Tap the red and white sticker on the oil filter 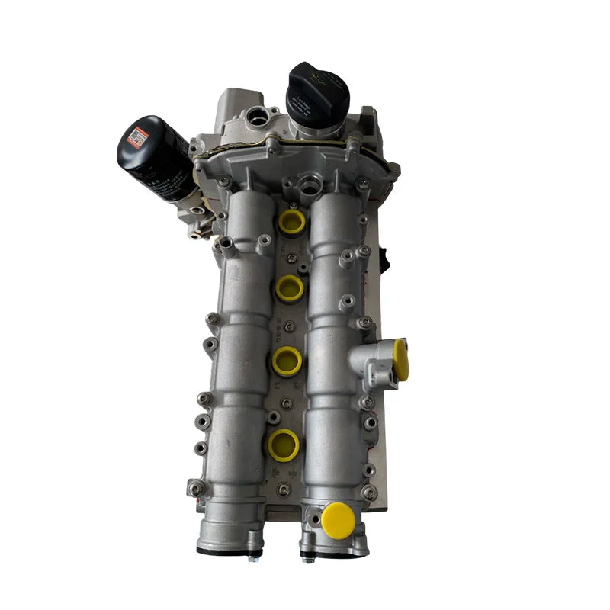coord(138,137)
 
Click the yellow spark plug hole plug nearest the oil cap coord(291,222)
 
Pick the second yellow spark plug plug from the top coord(290,287)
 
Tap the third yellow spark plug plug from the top coord(287,361)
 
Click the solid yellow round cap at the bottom coord(338,519)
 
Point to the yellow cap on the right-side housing coord(400,360)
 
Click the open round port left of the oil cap coord(262,117)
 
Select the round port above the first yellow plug coord(309,183)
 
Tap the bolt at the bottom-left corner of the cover coord(196,488)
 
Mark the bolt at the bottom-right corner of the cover coord(369,493)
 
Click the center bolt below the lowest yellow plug coord(284,489)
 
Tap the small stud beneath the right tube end coord(307,559)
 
